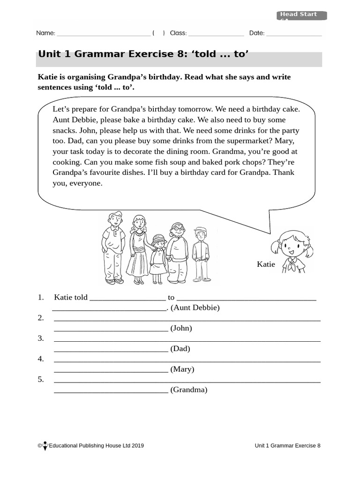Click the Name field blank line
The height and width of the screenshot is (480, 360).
(103, 33)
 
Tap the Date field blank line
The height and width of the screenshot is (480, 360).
(294, 33)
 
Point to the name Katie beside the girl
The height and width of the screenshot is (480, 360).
(266, 264)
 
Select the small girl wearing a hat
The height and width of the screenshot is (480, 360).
(158, 258)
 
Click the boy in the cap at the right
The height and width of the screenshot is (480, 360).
(201, 253)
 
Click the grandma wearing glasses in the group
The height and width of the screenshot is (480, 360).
(178, 253)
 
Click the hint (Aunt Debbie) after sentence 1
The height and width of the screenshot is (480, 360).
(195, 308)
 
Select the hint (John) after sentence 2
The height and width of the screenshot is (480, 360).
(181, 328)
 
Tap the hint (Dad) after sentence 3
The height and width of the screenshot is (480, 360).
(180, 349)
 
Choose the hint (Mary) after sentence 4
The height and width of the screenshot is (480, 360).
(182, 369)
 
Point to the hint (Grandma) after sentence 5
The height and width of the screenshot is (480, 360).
(189, 390)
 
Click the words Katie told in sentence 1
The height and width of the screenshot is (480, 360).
(71, 297)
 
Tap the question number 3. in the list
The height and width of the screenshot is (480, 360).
(41, 338)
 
